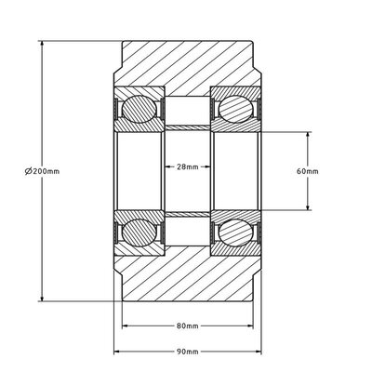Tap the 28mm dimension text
click(x=187, y=167)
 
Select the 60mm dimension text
click(x=307, y=170)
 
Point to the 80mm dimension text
click(x=187, y=326)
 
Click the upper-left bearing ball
click(x=138, y=108)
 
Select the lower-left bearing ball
click(x=138, y=229)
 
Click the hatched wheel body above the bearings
click(x=186, y=65)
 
